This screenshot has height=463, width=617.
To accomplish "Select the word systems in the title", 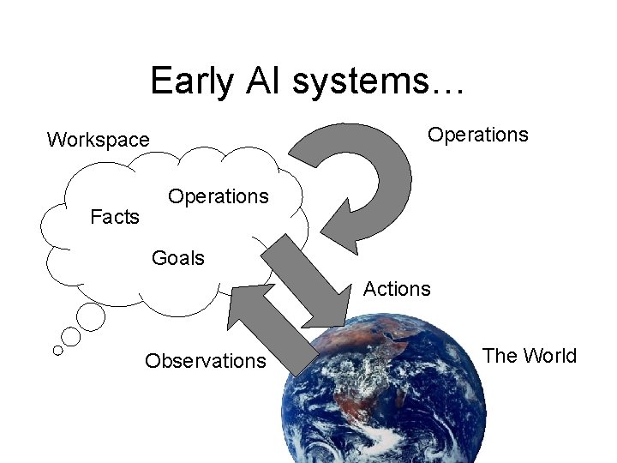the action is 359,81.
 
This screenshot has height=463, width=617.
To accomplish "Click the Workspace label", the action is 98,139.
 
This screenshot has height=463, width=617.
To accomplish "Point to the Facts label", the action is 114,217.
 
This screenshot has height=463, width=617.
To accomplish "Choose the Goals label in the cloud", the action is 177,257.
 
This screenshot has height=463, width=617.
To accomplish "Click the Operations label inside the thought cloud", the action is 218,196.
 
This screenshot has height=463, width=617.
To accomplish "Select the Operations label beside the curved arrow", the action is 477,135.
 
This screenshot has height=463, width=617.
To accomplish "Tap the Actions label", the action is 396,289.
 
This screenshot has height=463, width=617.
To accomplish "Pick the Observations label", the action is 205,361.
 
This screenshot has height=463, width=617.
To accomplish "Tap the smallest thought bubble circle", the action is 57,350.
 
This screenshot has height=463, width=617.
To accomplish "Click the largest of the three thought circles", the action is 91,317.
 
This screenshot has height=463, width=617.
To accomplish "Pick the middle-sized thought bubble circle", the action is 71,337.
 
